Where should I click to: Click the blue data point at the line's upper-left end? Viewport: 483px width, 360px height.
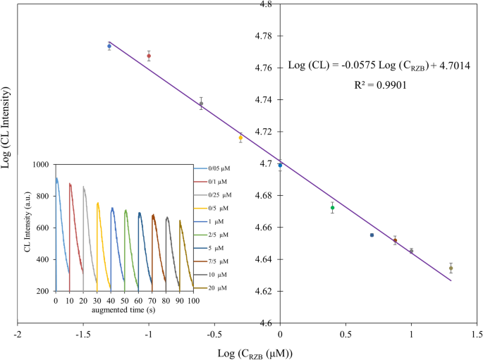[109, 46]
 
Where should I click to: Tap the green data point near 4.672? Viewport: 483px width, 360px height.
[332, 208]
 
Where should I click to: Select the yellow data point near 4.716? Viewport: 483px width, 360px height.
[240, 138]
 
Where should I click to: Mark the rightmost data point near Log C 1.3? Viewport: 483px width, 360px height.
[451, 268]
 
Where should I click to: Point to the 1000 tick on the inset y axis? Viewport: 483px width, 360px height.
[41, 164]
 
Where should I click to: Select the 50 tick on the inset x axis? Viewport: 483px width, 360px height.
[125, 300]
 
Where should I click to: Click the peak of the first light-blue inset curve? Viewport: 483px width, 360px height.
[57, 178]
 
